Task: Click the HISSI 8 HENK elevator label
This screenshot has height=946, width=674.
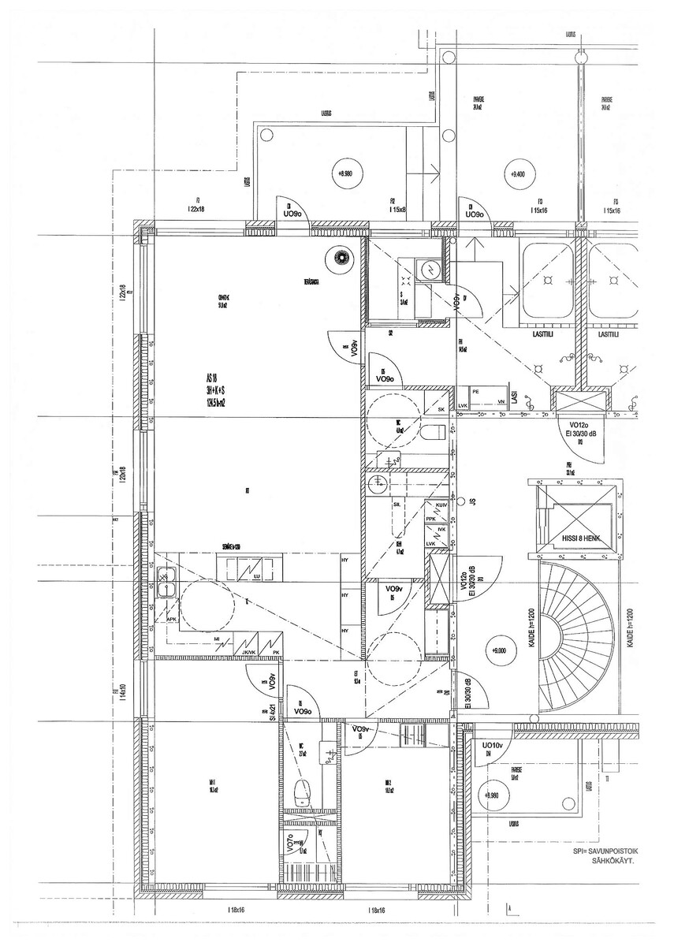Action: point(582,538)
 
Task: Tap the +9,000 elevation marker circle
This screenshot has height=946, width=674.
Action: point(498,650)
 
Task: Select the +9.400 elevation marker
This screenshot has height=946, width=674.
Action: point(518,175)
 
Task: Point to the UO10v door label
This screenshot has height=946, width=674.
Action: point(493,745)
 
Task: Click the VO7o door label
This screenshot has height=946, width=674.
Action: point(291,846)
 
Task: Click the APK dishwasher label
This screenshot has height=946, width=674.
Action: point(172,620)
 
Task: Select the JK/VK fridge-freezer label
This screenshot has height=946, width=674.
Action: point(249,652)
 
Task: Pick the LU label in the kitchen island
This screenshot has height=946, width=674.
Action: point(257,577)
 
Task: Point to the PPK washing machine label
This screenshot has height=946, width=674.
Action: point(430,519)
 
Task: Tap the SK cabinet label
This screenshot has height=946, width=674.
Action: point(441,410)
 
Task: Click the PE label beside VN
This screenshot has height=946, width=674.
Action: point(475,390)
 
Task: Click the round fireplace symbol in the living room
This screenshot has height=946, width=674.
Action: point(341,257)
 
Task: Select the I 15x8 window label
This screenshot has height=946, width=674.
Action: point(397,210)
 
